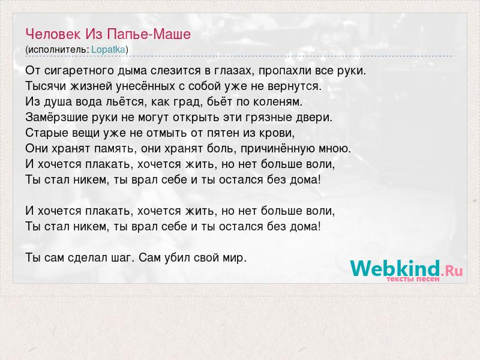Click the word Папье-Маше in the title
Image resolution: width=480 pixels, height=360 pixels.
click(x=149, y=34)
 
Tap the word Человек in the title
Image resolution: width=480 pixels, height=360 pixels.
click(x=53, y=34)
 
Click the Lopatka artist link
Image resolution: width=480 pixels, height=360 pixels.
click(x=109, y=50)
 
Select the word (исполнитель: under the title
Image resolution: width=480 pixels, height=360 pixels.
click(x=57, y=50)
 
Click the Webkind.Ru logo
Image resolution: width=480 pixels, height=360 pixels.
click(x=407, y=269)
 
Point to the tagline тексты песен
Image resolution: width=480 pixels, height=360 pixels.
click(x=413, y=279)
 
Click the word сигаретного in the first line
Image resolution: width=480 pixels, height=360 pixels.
click(x=79, y=71)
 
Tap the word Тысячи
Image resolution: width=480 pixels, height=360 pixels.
click(x=46, y=86)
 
